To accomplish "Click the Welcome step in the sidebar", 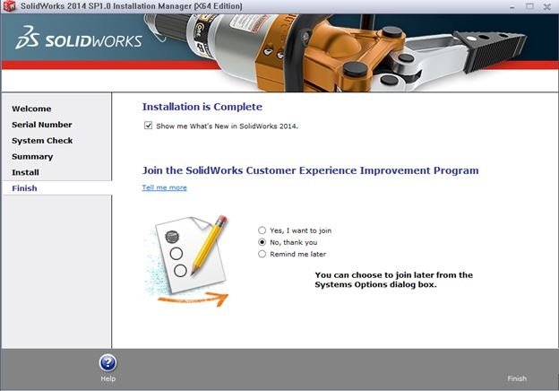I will tap(31, 109).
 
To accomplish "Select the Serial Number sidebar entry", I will tap(42, 125).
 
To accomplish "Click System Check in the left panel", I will tap(42, 141).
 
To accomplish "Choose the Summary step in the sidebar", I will tap(32, 157).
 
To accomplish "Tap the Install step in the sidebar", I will tap(25, 172).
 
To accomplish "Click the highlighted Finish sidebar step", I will tap(24, 188).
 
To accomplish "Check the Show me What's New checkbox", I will tap(148, 126).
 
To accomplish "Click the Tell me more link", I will tap(164, 187).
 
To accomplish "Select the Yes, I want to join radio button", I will tap(262, 230).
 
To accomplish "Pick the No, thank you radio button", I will tap(262, 242).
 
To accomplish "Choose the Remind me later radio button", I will tap(262, 254).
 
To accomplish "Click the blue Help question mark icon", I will tap(107, 363).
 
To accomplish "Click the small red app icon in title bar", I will tap(8, 6).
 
